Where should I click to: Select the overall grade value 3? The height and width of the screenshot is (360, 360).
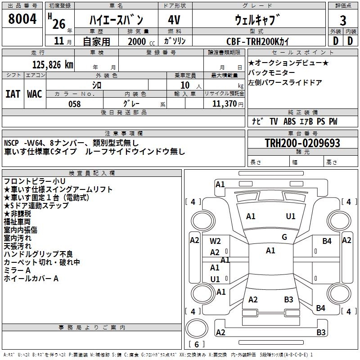pos(343,20)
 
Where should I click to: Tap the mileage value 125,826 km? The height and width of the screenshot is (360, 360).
pos(53,64)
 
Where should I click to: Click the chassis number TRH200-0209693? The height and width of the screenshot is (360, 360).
pos(302,144)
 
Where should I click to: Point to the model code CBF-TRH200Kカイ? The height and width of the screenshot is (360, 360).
pos(258,41)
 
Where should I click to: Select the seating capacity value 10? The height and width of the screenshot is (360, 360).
pos(185,85)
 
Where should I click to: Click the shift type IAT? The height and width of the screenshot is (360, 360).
pos(13,94)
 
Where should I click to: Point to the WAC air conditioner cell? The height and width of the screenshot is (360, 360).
pos(35,94)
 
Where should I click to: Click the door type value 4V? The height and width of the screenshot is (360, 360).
pos(174,20)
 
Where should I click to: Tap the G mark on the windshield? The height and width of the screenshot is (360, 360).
pos(284,237)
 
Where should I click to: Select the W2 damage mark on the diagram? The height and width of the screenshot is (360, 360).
pos(215,241)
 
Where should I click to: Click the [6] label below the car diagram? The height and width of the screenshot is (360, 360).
pos(198,345)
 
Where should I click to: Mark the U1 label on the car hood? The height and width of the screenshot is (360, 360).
pos(291,216)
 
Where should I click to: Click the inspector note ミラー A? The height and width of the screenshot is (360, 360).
pos(17,270)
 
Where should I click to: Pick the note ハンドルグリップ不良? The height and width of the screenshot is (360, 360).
pos(38,254)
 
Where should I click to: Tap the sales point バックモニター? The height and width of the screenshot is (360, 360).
pos(272,72)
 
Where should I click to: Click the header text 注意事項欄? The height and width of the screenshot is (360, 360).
pos(124,134)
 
